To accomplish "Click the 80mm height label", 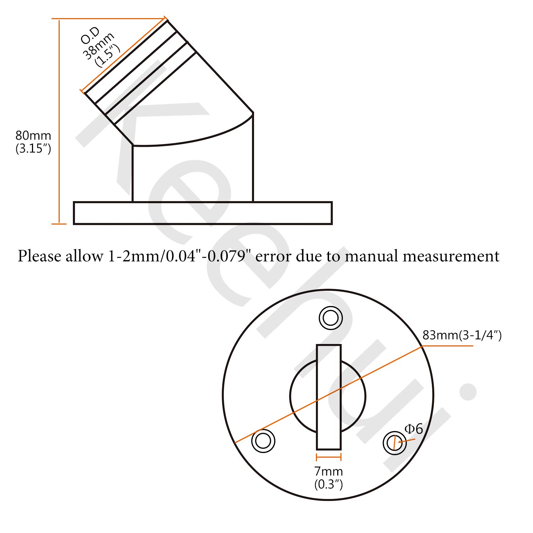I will pos(33,136).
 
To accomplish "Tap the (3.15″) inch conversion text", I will pos(33,149).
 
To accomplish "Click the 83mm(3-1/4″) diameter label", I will pos(462,335).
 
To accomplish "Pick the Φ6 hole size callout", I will pos(414,429).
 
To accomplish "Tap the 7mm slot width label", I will pos(329,472).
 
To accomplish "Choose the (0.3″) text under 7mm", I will pos(329,484).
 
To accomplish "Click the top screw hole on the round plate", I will pos(331,318).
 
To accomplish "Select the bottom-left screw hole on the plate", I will pos(263,441).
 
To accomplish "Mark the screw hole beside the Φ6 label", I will pos(394,443).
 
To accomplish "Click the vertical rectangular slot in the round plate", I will pos(329,397).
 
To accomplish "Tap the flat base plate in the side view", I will pos(203,213).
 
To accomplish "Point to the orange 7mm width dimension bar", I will pos(329,458).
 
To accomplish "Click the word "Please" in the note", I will pos(39,256).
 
